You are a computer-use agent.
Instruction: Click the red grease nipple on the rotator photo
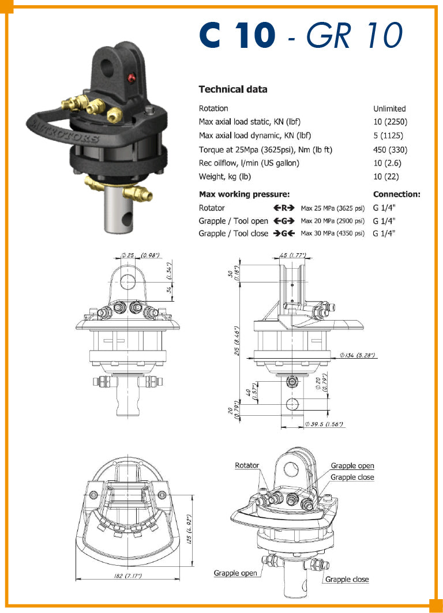(131, 78)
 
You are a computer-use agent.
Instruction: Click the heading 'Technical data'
(233, 89)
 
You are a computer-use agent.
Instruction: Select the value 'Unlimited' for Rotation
(389, 108)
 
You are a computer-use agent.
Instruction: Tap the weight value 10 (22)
(386, 176)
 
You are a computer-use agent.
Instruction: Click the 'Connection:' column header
(397, 194)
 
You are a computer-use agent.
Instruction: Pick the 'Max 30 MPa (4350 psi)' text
(333, 234)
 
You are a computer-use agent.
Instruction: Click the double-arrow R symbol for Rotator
(284, 208)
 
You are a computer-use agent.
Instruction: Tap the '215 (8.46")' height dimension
(237, 341)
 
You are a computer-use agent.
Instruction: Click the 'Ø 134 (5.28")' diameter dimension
(358, 355)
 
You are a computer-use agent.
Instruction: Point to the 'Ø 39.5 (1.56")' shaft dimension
(324, 424)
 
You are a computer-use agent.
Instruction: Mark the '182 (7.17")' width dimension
(129, 576)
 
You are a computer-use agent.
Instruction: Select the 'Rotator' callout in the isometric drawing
(247, 465)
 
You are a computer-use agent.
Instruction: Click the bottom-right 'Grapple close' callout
(347, 580)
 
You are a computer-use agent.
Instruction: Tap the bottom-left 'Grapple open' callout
(235, 573)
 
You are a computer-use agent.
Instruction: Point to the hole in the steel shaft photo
(127, 220)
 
